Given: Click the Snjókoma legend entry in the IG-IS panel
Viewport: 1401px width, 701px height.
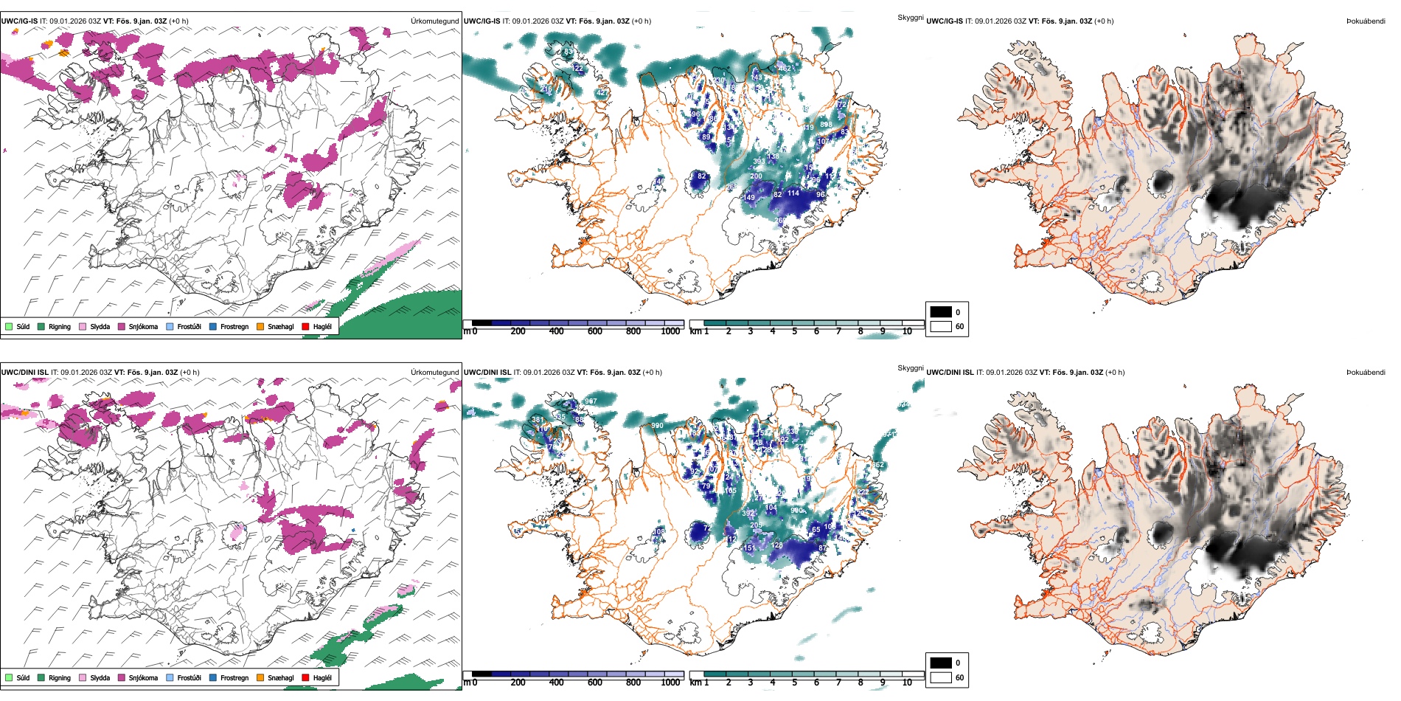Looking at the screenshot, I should (142, 326).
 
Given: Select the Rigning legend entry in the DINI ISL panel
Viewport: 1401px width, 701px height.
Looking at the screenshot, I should (59, 677).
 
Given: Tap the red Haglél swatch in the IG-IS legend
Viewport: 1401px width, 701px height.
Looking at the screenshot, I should (306, 326).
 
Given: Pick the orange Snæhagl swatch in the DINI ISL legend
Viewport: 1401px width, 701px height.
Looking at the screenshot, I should (261, 677).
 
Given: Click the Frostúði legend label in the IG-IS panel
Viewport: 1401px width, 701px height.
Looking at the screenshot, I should (189, 326).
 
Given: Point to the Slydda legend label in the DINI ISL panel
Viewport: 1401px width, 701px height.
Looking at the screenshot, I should (100, 677).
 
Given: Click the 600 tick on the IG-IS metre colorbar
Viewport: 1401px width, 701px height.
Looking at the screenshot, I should (595, 331).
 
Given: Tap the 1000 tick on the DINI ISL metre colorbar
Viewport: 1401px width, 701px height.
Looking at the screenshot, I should (670, 683).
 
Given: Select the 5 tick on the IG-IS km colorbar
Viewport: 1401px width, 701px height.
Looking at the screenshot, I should (795, 331).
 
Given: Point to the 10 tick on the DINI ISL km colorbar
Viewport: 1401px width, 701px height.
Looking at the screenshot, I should (907, 683).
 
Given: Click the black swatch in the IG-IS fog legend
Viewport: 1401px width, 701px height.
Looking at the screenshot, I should (941, 312).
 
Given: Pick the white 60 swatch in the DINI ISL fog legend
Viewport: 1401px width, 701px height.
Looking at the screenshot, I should (941, 677).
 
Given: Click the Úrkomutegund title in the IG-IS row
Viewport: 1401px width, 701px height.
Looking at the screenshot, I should (434, 21).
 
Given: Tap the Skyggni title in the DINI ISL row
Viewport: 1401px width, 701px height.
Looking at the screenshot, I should (911, 367).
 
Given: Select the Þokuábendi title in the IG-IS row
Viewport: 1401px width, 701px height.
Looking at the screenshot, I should (1366, 21).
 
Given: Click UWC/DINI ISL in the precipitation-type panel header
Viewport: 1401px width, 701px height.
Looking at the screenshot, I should (24, 373).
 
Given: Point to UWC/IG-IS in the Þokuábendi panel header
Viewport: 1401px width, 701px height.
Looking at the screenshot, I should (945, 21).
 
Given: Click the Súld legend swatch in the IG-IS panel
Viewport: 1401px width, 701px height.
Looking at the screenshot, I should (9, 326).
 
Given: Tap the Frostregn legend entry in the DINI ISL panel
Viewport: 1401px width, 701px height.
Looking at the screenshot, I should (234, 677).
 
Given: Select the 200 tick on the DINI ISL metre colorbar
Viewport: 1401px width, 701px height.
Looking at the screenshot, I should (518, 683).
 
